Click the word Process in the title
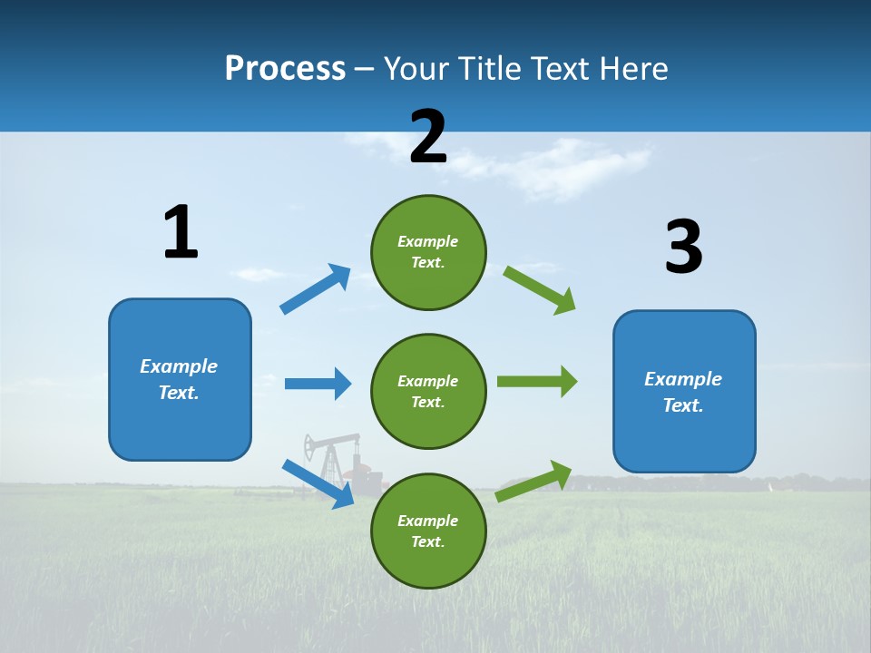pyautogui.click(x=285, y=69)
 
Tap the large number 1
pyautogui.click(x=181, y=233)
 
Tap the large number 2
pyautogui.click(x=428, y=137)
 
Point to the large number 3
pyautogui.click(x=683, y=248)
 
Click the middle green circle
pyautogui.click(x=428, y=391)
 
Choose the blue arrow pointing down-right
pyautogui.click(x=318, y=483)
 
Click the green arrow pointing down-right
pyautogui.click(x=540, y=290)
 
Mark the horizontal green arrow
pyautogui.click(x=537, y=381)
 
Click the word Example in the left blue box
pyautogui.click(x=179, y=366)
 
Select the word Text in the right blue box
pyautogui.click(x=681, y=405)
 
